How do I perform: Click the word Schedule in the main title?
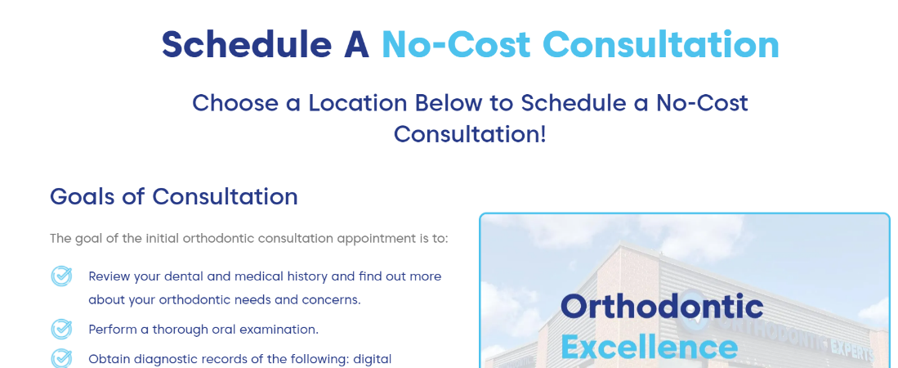[x=247, y=44]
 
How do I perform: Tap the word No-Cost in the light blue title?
[x=456, y=44]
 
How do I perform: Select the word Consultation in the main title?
[x=661, y=44]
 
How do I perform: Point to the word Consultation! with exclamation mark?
[x=470, y=134]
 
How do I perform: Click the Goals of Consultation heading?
[x=173, y=196]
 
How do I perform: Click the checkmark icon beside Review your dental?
[x=61, y=276]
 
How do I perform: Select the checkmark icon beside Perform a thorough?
[x=61, y=329]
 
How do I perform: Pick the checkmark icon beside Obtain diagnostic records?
[x=61, y=358]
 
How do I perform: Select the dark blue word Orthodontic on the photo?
[x=662, y=307]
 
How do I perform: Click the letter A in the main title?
[x=357, y=44]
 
